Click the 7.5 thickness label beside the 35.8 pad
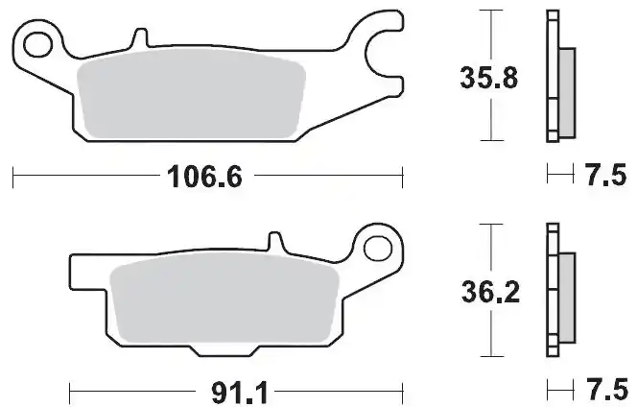tap(604, 175)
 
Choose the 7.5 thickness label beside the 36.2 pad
tap(604, 391)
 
